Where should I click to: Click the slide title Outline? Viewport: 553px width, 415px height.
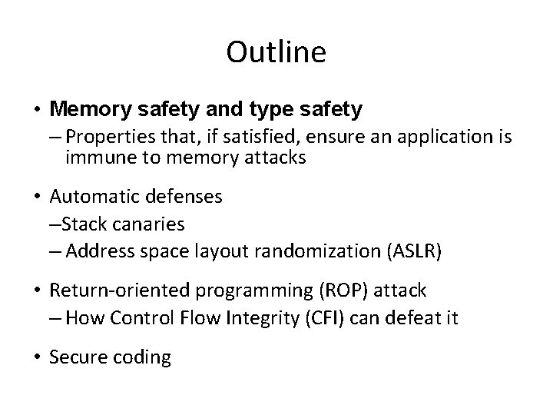pyautogui.click(x=276, y=52)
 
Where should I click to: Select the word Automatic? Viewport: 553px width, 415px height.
pyautogui.click(x=91, y=196)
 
